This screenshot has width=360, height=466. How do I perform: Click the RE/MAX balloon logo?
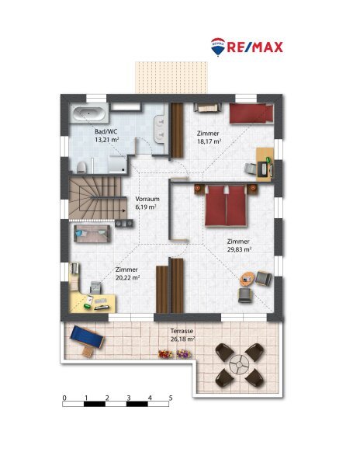218,47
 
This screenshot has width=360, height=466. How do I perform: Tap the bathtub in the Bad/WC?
89,113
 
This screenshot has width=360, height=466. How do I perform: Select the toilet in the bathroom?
81,167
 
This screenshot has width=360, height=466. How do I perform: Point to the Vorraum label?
147,199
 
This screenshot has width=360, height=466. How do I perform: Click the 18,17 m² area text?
209,141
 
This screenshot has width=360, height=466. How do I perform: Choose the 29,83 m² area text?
239,249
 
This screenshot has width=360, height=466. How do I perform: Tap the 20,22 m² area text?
127,277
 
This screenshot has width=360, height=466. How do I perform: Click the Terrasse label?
182,331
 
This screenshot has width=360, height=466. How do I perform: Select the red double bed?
226,206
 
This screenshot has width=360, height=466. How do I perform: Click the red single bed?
251,113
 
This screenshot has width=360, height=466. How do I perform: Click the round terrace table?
239,364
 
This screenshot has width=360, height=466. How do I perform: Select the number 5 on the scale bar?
171,398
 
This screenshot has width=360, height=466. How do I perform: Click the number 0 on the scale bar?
64,398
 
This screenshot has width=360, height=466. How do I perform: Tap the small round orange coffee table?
247,279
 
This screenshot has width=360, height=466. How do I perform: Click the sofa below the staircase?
92,234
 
